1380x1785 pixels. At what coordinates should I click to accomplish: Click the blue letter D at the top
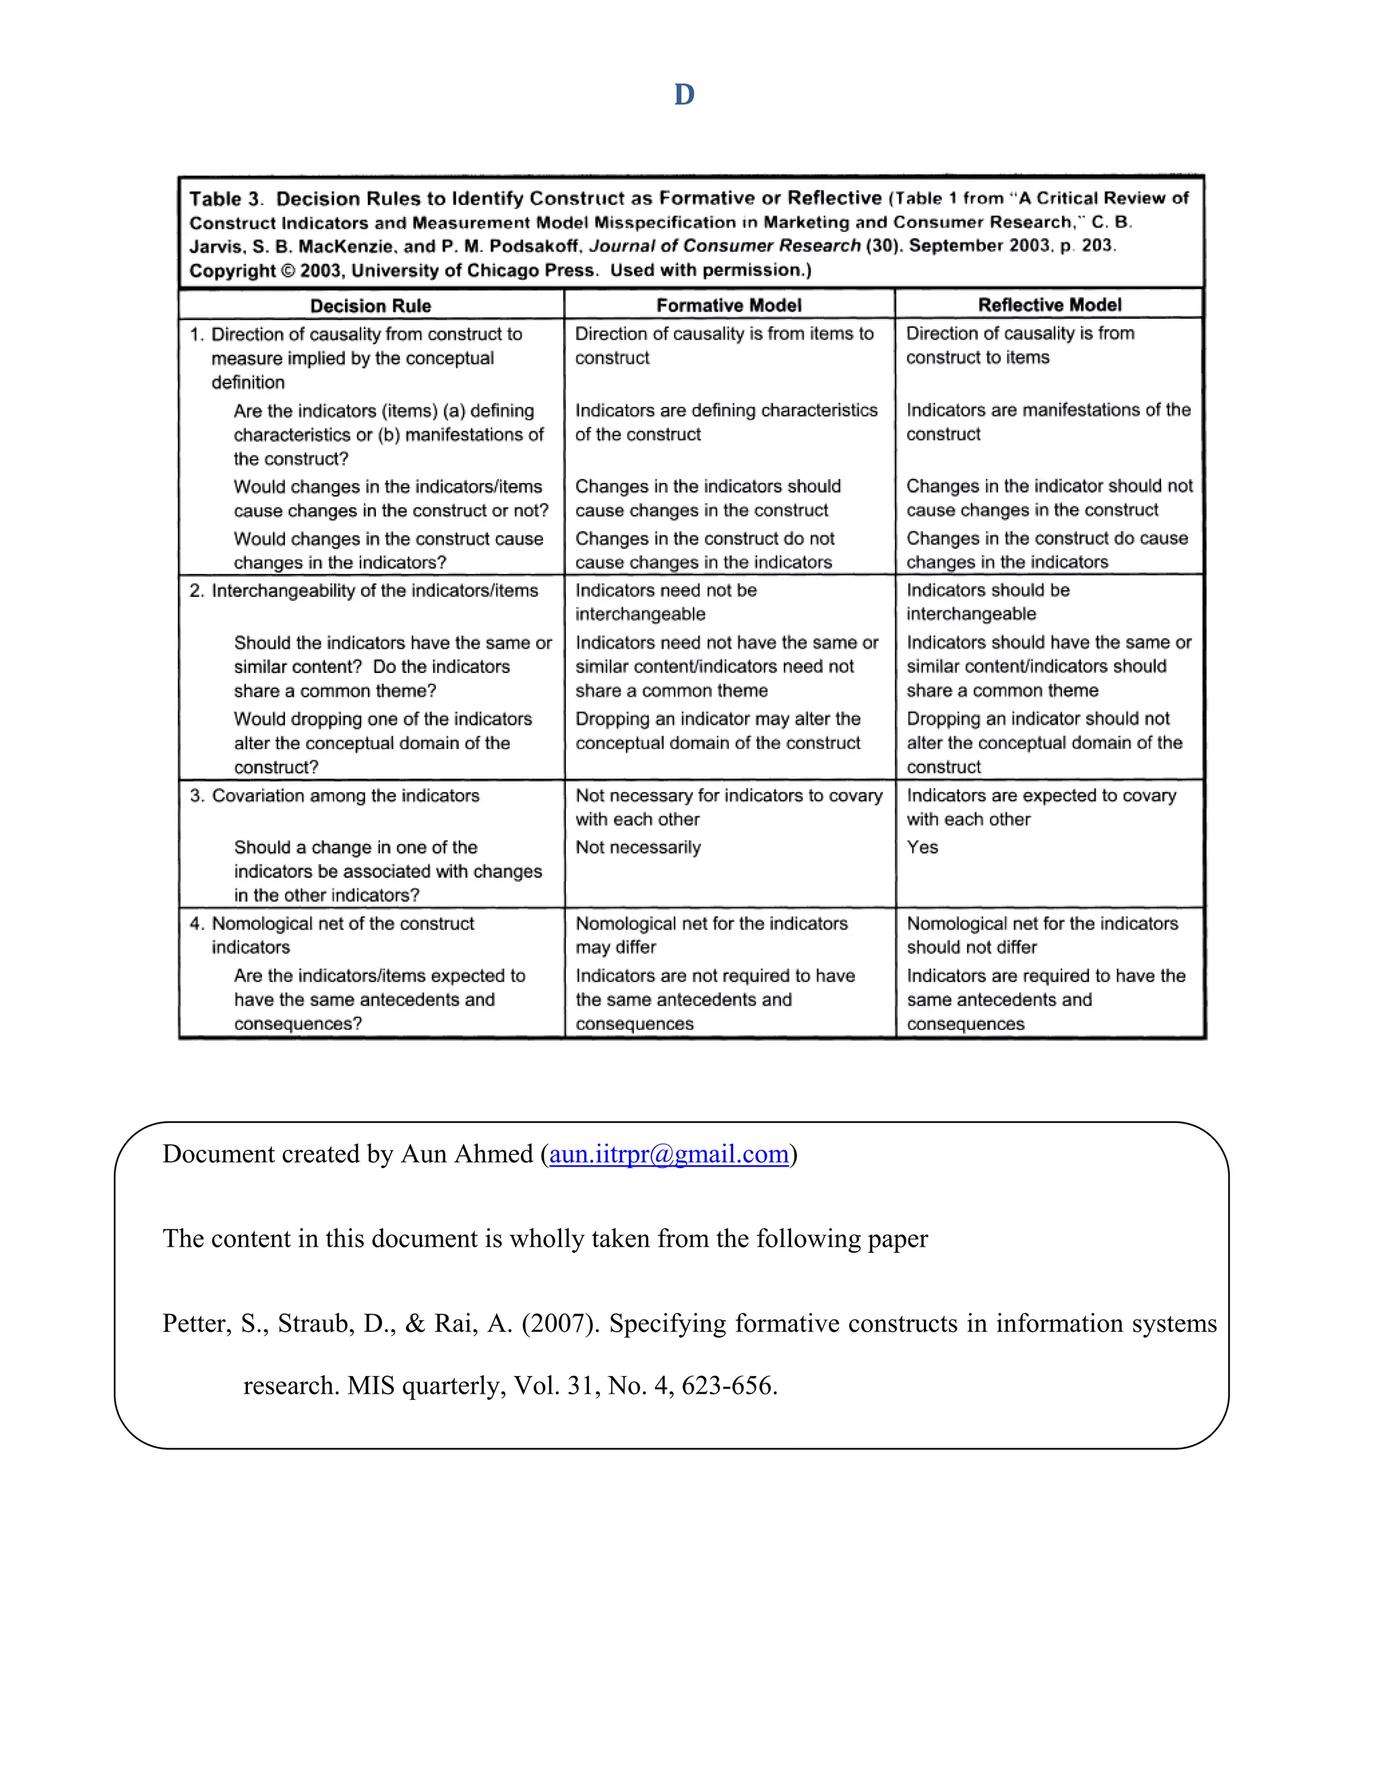[685, 95]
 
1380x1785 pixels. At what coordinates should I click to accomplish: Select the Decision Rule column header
[371, 306]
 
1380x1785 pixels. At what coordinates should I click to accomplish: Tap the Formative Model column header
[728, 305]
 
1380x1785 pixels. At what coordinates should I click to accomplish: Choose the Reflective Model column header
[1050, 305]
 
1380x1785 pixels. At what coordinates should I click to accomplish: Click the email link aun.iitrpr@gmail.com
[668, 1154]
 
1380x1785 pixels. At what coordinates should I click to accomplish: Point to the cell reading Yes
[922, 847]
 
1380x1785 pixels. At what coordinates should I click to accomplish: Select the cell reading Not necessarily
[637, 847]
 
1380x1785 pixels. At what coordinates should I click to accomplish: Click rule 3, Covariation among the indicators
[344, 796]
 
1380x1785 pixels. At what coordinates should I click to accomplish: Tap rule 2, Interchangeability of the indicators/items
[373, 590]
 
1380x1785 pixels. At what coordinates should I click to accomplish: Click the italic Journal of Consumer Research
[724, 245]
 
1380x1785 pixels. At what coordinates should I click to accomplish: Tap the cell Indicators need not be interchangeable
[666, 602]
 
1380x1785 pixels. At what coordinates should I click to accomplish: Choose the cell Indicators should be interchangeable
[988, 602]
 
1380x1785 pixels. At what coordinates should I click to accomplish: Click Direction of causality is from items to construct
[724, 345]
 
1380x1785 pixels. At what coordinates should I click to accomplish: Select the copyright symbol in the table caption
[288, 271]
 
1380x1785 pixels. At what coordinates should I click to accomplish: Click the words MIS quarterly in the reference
[425, 1386]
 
